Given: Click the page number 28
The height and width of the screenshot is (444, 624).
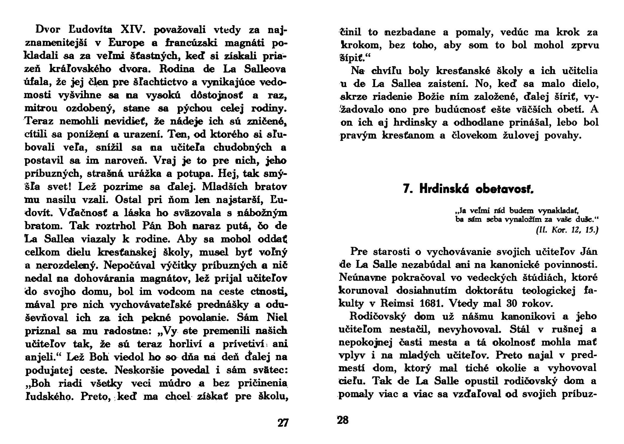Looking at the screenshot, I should point(343,420).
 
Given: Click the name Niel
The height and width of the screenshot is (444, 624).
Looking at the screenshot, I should point(277,318).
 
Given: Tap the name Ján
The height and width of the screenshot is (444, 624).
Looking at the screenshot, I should point(587,251).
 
